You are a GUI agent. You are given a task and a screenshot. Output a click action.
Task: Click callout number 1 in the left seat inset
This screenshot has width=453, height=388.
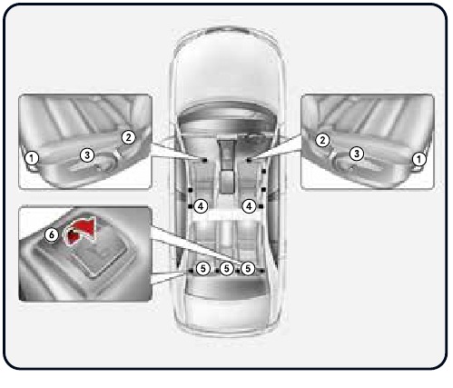pos(32,157)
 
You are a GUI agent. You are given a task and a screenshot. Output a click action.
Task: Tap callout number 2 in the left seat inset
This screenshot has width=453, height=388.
pos(128,137)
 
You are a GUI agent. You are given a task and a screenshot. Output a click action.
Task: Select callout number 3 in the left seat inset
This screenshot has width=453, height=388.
pos(86,154)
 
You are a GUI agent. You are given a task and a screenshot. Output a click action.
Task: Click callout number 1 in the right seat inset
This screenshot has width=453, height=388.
pos(419,157)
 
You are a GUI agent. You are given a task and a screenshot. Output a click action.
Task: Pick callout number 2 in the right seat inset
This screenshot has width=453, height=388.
pos(322,139)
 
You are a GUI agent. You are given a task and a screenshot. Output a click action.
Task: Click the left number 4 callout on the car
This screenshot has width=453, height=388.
pos(201,206)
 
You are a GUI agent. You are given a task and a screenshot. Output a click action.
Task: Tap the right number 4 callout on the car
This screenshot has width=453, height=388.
pos(247,206)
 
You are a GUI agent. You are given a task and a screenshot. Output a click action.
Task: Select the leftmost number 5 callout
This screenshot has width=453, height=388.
pos(203,269)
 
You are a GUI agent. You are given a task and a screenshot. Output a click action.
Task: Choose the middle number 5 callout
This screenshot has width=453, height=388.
pos(226,269)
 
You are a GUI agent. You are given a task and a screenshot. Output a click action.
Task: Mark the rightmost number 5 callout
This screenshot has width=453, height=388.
pos(248,269)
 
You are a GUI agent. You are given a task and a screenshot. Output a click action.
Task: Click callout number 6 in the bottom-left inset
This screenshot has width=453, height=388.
pos(51,234)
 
